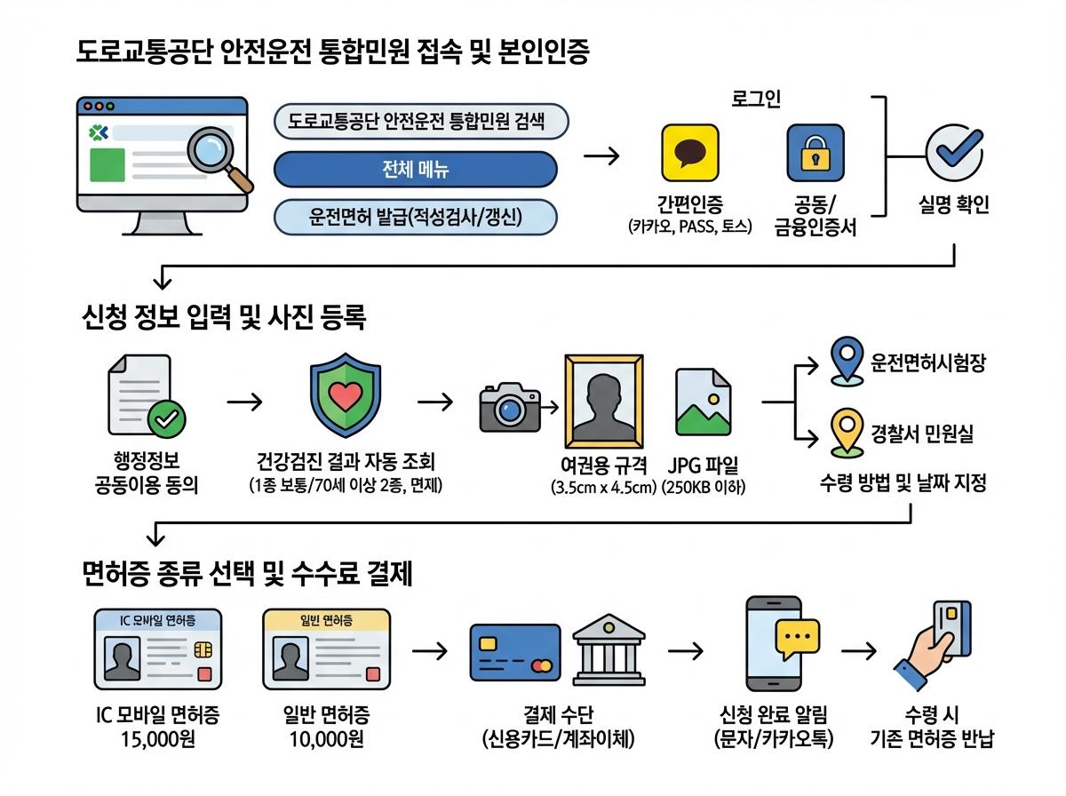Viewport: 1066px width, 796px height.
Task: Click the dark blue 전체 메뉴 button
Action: coord(416,169)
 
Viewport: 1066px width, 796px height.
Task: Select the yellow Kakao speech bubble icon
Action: coord(689,153)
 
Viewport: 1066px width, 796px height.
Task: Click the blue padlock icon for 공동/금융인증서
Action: coord(815,153)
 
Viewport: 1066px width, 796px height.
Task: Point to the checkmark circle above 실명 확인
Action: coord(954,153)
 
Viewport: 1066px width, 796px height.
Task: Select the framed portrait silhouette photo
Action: coord(605,401)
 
